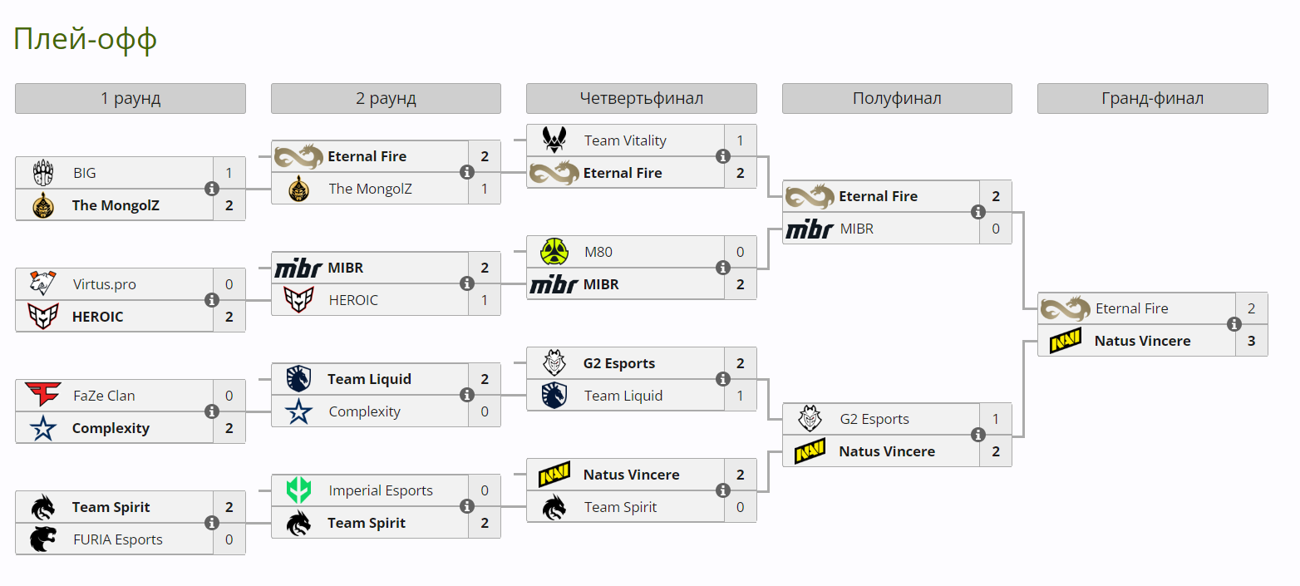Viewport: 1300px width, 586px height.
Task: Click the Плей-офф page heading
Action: click(85, 39)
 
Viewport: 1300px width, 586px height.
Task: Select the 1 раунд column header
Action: click(130, 98)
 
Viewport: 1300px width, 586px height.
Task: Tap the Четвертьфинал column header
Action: click(641, 98)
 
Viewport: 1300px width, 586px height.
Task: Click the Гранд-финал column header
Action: click(1152, 98)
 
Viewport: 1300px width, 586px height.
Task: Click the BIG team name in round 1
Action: click(84, 173)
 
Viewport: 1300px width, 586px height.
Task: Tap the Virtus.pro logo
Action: click(43, 284)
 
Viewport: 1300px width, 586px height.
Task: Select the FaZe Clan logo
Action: click(43, 396)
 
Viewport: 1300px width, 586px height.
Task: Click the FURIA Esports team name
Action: click(116, 539)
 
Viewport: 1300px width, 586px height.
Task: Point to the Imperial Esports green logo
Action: click(298, 490)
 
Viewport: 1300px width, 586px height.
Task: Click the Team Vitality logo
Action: click(554, 140)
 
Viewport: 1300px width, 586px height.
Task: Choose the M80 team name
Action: click(598, 252)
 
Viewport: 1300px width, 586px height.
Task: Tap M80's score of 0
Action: click(740, 252)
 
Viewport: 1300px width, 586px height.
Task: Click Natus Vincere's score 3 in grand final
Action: click(1251, 341)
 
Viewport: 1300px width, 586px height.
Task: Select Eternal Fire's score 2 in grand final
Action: click(1251, 308)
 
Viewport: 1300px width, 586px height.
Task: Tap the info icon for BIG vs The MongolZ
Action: click(212, 189)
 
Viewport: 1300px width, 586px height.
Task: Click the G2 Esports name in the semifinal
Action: click(874, 419)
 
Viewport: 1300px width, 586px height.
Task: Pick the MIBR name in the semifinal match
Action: click(856, 229)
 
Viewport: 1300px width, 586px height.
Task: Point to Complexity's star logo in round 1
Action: click(43, 428)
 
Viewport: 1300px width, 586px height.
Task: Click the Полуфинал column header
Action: click(897, 98)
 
